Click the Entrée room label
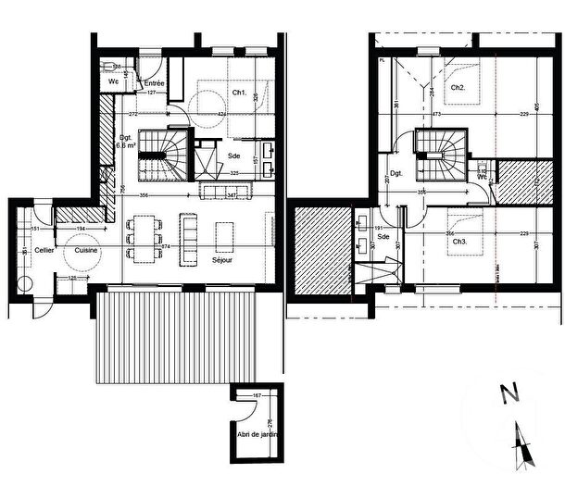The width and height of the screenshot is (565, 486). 155,82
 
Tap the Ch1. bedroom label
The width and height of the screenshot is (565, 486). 238,93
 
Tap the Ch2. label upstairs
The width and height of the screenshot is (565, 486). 458,88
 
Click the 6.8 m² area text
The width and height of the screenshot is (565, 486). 124,145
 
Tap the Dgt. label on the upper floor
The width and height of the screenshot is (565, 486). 396,173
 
